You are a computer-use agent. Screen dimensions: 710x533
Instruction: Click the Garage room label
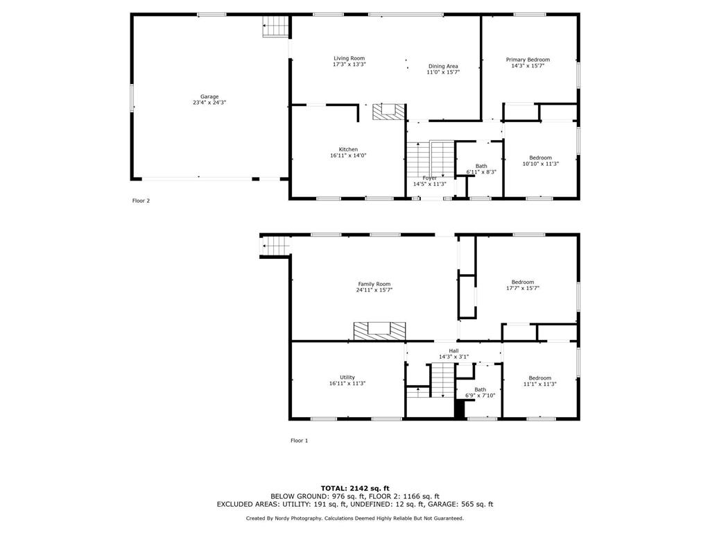point(209,96)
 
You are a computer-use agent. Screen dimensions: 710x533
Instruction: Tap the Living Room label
point(349,58)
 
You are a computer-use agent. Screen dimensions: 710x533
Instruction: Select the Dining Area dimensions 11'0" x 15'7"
point(443,72)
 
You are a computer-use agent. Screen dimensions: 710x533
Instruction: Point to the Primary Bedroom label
point(528,60)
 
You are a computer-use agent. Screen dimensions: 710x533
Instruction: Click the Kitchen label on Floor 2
point(348,149)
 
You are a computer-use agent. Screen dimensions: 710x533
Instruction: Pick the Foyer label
point(430,178)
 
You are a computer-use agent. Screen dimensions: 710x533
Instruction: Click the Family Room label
point(374,284)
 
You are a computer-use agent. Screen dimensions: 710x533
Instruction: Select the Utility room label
point(347,377)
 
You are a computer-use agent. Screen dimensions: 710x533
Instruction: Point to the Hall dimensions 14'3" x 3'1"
point(453,357)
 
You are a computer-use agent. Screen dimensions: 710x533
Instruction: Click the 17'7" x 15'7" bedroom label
point(523,285)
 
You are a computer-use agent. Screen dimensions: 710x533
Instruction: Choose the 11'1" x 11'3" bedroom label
point(539,381)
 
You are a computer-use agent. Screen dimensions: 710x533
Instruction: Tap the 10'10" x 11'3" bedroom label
point(541,161)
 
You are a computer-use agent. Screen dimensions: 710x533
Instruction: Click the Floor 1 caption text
point(300,441)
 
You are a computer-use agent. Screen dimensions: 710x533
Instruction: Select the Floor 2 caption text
point(141,201)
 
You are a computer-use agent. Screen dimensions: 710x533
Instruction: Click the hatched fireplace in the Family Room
point(379,331)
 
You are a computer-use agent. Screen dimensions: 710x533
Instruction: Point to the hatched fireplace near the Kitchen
point(389,112)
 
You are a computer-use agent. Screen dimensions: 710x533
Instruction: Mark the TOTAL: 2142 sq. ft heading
point(355,488)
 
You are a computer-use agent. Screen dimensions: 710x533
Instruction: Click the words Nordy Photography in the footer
point(297,518)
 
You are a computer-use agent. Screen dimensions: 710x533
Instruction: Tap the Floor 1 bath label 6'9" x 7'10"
point(480,393)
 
